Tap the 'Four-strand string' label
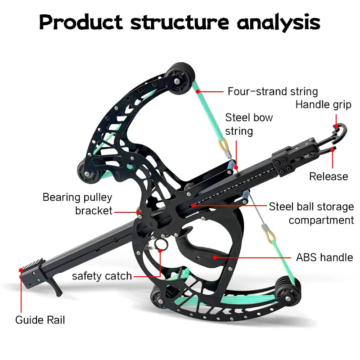point(272,92)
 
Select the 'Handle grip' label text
point(323,105)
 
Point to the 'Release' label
point(328,176)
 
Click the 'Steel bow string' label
point(249,124)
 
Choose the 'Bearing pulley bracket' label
point(77,203)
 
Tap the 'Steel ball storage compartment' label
point(311,213)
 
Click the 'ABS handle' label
point(324,257)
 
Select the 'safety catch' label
point(102,275)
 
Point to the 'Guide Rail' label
point(40,320)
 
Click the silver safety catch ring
point(161,245)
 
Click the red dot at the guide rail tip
point(21,270)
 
